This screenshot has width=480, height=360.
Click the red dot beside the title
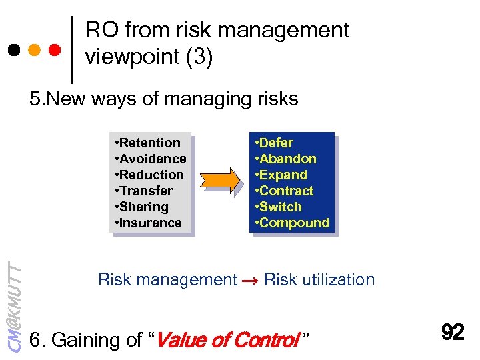55,50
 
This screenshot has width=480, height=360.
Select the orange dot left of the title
34,50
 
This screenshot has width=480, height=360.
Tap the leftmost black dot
13,50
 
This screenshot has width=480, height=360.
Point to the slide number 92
453,332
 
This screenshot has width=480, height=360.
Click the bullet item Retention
147,143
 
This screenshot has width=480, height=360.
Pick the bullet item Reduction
149,175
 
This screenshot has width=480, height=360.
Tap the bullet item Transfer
143,191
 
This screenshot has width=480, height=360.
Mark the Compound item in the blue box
291,223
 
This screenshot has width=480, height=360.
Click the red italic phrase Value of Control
227,340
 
